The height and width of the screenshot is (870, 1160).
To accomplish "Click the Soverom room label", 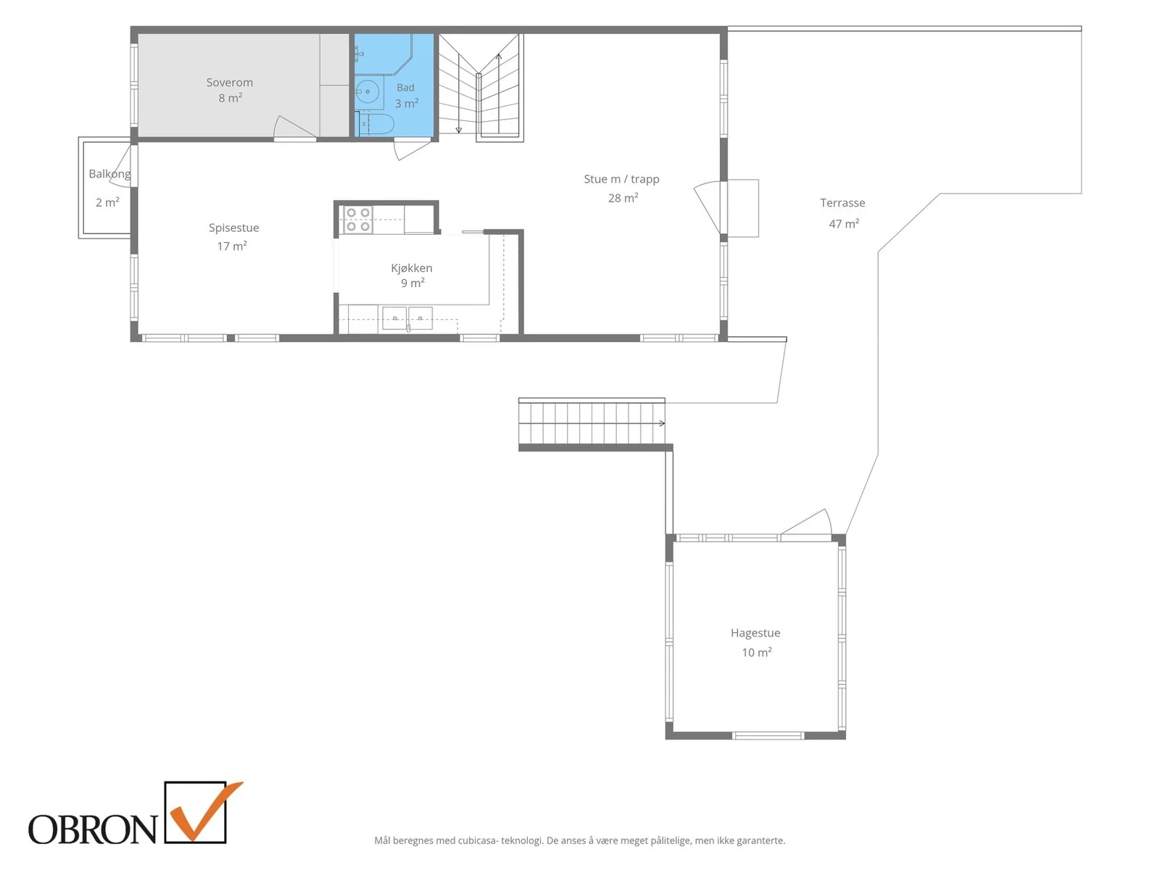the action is point(229,83).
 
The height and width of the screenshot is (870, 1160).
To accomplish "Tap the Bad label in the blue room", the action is point(405,88).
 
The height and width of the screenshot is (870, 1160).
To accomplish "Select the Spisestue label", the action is point(233,228).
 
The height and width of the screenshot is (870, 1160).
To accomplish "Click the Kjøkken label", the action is point(412,268).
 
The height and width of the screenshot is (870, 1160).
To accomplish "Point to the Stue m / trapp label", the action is point(621,180).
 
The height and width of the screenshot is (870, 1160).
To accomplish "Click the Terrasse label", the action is point(842,203).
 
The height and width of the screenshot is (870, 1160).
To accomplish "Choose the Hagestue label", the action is point(755,634).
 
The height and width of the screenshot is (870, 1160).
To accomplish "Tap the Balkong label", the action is point(109,174).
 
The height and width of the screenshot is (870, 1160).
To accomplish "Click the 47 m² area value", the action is point(844,224).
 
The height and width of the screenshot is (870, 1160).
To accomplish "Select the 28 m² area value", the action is point(623,198).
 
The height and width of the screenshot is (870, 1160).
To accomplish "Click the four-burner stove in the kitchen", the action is point(357,220).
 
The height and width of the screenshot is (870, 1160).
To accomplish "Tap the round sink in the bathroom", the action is point(368,92).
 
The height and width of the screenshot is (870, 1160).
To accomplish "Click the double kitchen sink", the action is point(407,318).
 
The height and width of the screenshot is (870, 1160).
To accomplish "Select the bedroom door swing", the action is point(293,128).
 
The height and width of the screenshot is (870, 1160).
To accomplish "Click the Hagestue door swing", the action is point(806,523).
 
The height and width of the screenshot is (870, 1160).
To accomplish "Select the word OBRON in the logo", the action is point(93,829).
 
